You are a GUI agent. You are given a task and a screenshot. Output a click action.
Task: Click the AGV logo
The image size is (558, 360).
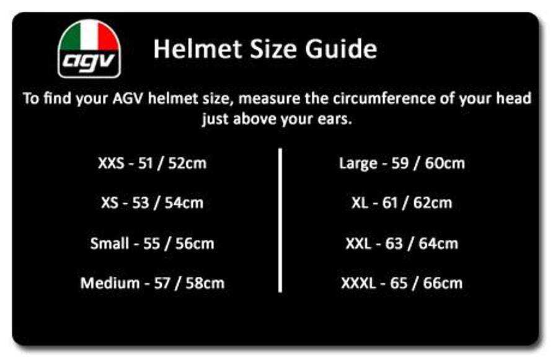(89, 49)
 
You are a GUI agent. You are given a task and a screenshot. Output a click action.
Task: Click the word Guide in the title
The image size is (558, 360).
(341, 49)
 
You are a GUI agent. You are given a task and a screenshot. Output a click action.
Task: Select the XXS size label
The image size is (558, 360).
(111, 164)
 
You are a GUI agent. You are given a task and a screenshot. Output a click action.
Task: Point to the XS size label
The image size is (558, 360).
(109, 203)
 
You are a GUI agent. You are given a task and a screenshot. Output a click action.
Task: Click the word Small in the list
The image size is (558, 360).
(109, 244)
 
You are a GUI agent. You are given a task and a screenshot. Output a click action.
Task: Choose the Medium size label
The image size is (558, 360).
(110, 283)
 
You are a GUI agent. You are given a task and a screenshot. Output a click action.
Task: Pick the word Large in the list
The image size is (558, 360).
(358, 164)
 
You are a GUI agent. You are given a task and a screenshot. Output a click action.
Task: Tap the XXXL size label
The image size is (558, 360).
(358, 283)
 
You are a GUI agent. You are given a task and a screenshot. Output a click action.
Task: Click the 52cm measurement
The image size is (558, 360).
(187, 164)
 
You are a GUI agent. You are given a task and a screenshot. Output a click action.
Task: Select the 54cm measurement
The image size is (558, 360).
(184, 203)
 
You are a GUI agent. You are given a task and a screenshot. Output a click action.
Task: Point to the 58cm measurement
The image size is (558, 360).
(205, 283)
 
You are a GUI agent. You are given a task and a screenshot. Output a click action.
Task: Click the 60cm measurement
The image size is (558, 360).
(445, 164)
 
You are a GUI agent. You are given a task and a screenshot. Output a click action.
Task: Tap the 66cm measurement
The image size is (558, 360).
(443, 283)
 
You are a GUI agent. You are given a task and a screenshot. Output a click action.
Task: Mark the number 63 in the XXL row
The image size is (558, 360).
(394, 244)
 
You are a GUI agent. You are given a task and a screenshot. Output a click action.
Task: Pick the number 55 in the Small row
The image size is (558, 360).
(152, 244)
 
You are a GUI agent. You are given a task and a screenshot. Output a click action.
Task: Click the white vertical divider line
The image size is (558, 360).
(280, 221)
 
